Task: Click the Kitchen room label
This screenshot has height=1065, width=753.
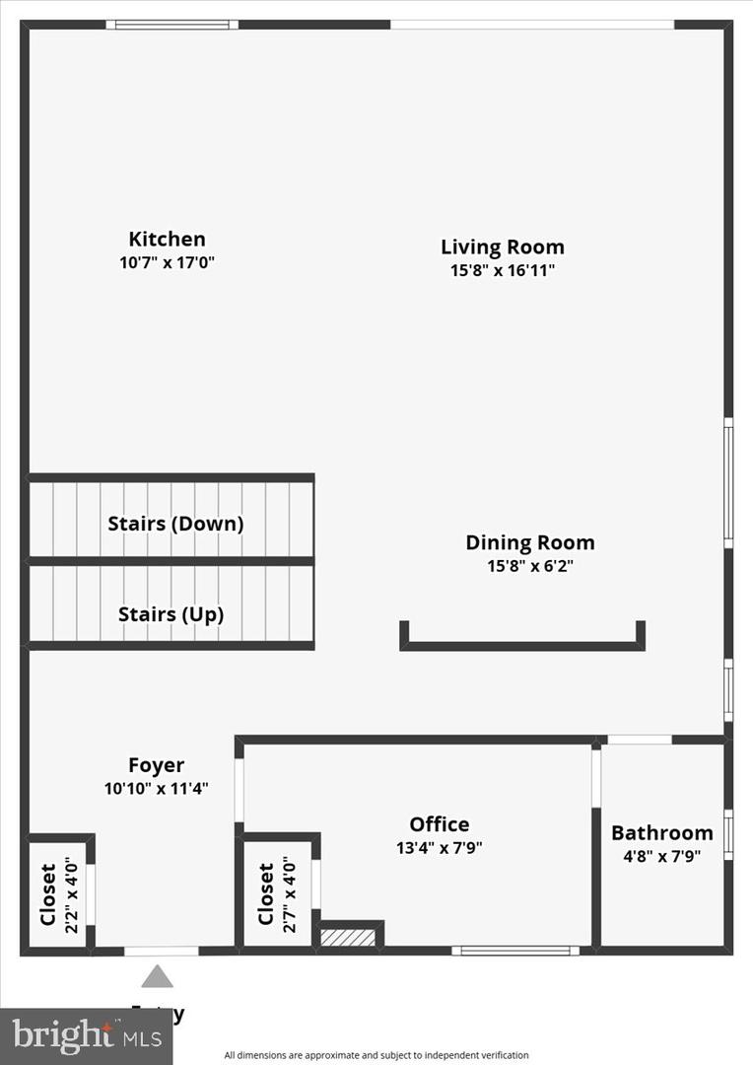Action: coord(167,239)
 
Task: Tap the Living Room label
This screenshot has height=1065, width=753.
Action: coord(502,247)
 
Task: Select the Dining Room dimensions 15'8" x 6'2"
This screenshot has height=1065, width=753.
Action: coord(530,566)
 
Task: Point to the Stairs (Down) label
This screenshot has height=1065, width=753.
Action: coord(174,524)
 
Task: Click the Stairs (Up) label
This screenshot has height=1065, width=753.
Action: coord(171,614)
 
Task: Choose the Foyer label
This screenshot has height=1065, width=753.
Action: coord(156,765)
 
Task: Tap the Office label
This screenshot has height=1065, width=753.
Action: coord(439,824)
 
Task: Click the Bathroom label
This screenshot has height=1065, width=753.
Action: coord(661,833)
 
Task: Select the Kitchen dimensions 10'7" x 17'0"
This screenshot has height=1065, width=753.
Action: coord(167,263)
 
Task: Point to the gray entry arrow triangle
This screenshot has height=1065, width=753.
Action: coord(157,976)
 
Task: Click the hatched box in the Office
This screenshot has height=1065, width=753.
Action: coord(348,937)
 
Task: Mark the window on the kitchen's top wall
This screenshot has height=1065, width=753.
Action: coord(171,25)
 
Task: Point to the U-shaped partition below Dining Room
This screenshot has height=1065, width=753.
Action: coord(521,645)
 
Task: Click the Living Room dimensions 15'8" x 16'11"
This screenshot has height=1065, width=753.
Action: coord(502,271)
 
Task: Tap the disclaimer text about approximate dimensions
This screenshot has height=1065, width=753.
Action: coord(376,1055)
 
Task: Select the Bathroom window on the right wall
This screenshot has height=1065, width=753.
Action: coord(728,833)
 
